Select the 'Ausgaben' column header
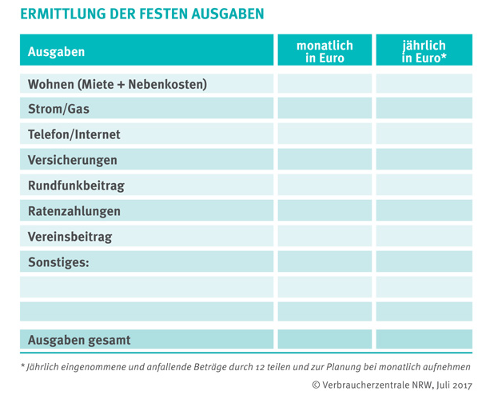click(56, 52)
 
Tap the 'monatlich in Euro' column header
click(324, 51)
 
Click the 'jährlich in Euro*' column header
click(424, 51)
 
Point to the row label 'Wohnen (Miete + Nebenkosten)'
click(118, 84)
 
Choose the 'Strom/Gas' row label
click(58, 110)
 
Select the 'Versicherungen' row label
click(73, 161)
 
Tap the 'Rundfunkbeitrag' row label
click(76, 186)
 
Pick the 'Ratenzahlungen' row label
click(74, 212)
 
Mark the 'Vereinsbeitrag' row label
click(70, 237)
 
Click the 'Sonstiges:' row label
click(58, 262)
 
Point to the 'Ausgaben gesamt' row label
click(79, 340)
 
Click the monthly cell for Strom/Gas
click(324, 110)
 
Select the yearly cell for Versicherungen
click(424, 161)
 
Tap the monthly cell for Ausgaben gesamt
click(324, 340)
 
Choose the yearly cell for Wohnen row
click(424, 84)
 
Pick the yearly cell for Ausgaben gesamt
click(424, 340)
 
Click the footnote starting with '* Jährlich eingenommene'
click(245, 366)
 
